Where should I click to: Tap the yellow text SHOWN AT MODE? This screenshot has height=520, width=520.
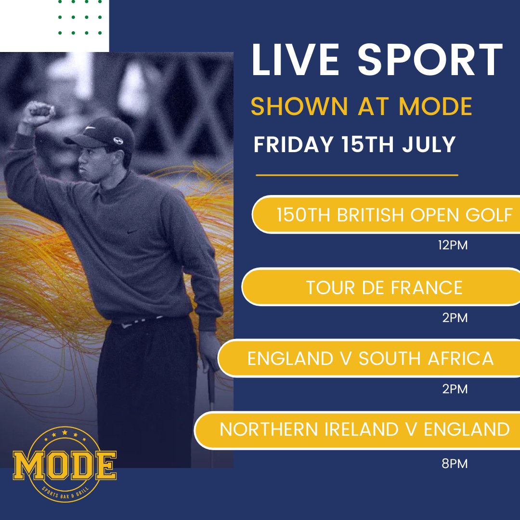[x=361, y=107]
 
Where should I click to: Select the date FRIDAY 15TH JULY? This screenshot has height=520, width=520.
[x=355, y=145]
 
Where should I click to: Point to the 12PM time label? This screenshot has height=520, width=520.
[x=453, y=246]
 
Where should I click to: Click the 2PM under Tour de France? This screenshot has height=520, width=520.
[x=455, y=318]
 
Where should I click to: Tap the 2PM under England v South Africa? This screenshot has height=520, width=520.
[x=455, y=389]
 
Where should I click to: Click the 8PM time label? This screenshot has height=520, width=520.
[x=455, y=464]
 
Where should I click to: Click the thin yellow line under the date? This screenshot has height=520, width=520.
[x=356, y=175]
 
